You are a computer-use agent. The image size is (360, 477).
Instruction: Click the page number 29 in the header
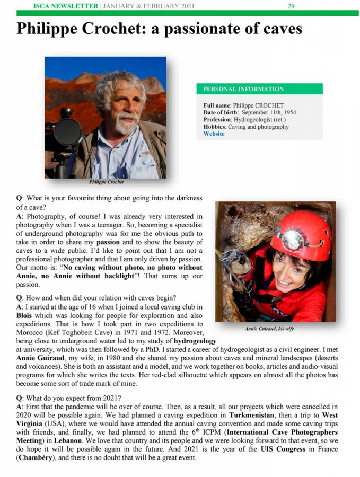(x=291, y=6)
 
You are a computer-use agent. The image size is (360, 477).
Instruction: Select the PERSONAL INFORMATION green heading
(x=243, y=89)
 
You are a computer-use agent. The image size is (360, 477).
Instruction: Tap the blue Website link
(x=214, y=134)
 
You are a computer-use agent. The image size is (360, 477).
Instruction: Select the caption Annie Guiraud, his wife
(x=269, y=329)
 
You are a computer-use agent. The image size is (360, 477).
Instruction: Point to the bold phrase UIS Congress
(x=284, y=449)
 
